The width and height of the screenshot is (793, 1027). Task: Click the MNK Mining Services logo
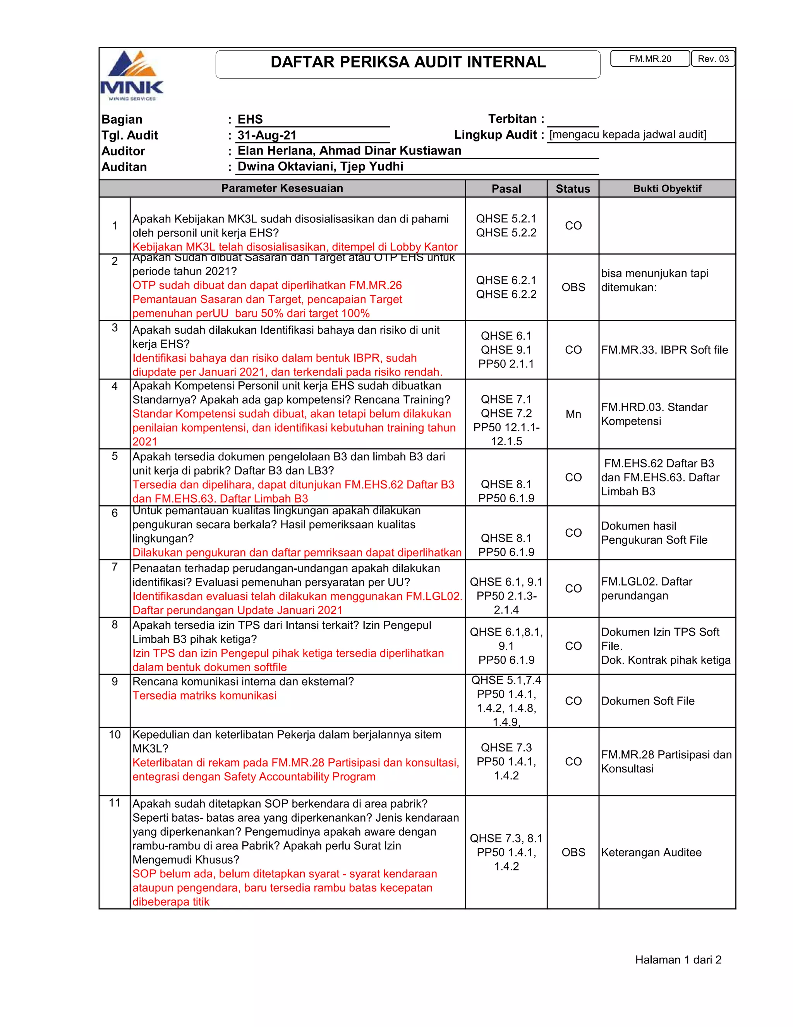[x=132, y=75]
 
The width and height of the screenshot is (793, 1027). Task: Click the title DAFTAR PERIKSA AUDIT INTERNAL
[x=408, y=62]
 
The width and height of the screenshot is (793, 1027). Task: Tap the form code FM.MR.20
[x=650, y=59]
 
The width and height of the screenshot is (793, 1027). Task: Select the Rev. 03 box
[x=713, y=59]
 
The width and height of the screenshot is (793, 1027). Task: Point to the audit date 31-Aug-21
[x=267, y=135]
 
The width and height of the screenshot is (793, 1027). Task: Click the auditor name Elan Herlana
[x=277, y=151]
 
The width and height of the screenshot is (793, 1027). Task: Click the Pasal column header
[x=506, y=189]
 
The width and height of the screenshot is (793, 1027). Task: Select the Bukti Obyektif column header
[x=667, y=189]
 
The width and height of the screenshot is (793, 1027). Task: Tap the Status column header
[x=573, y=189]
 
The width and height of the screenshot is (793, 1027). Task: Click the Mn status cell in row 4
[x=573, y=414]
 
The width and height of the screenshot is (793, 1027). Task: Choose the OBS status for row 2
[x=573, y=287]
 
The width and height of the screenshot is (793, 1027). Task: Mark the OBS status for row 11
[x=573, y=853]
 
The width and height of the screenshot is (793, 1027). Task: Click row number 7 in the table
[x=115, y=567]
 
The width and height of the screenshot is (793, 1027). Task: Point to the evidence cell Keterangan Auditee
[x=651, y=853]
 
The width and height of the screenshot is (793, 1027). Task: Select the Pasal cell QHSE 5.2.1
[x=506, y=219]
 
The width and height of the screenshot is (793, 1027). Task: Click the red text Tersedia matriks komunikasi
[x=204, y=696]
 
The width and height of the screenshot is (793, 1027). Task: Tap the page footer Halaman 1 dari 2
[x=678, y=960]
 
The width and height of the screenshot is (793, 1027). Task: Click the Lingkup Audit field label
[x=498, y=135]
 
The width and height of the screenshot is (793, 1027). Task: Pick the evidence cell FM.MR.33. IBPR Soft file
[x=664, y=350]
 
